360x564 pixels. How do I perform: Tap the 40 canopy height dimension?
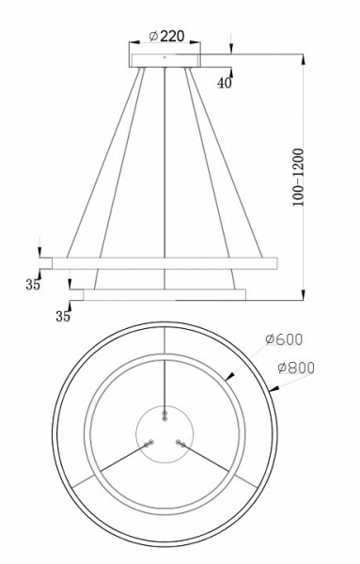pos(223,84)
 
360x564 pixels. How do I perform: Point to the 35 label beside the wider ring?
pos(33,285)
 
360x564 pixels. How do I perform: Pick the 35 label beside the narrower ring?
pos(63,316)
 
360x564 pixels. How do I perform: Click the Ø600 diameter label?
pos(283,339)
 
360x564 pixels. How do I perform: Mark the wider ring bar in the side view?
pos(157,258)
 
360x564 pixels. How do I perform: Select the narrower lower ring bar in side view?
pos(165,294)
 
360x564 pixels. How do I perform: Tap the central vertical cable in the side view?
pos(165,169)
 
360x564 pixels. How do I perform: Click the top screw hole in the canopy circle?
pos(165,415)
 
